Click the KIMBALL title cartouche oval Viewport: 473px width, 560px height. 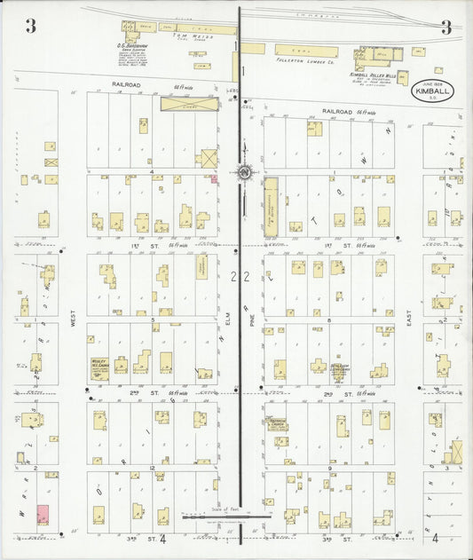click(x=430, y=91)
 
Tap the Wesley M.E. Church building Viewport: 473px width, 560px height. click(x=99, y=366)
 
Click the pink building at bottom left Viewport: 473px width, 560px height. click(x=42, y=514)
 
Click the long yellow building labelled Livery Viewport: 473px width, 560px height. click(x=188, y=104)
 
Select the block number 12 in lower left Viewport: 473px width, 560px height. click(x=153, y=467)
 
